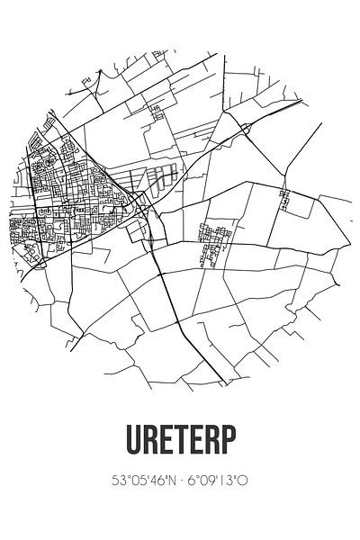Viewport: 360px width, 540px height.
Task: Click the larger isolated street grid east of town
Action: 213,244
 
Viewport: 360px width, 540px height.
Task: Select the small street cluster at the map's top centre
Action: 157,112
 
